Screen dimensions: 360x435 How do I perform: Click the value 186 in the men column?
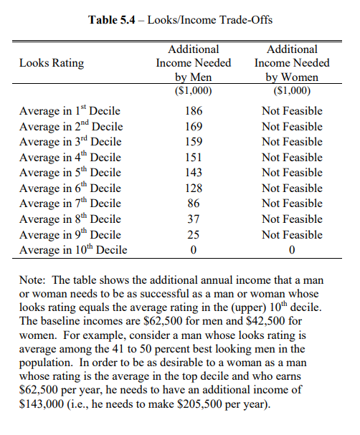(194, 111)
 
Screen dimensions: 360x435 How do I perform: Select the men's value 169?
(194, 127)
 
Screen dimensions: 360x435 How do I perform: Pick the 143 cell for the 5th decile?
(194, 173)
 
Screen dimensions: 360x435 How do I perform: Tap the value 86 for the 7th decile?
(194, 204)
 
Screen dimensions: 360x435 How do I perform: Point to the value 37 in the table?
(194, 219)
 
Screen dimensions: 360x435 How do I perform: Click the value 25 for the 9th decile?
(194, 235)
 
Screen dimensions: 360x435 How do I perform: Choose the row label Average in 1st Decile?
(70, 110)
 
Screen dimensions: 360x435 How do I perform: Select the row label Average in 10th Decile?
(73, 249)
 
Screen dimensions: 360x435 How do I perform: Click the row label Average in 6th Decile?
(70, 188)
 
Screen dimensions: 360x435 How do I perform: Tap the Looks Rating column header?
(52, 63)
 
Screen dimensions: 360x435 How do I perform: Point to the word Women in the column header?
(300, 77)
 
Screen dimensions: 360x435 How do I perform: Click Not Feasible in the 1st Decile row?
(292, 111)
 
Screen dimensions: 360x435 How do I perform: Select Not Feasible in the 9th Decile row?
(292, 235)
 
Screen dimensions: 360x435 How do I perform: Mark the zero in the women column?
(292, 250)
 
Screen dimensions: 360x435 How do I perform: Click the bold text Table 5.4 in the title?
(112, 20)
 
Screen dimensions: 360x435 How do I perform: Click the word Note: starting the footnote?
(32, 280)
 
